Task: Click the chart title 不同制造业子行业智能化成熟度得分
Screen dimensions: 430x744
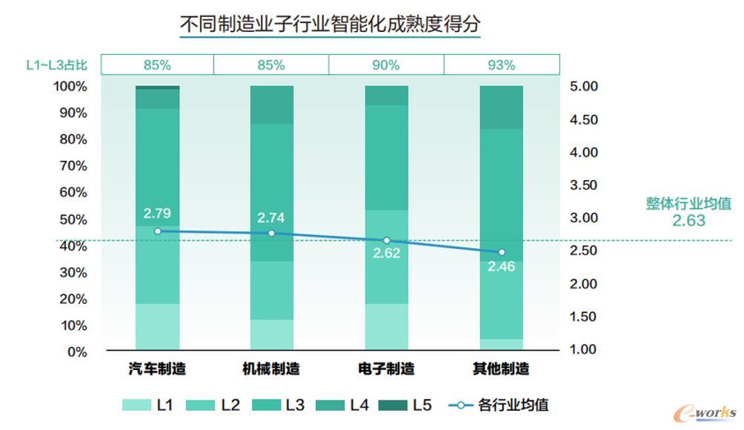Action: click(331, 25)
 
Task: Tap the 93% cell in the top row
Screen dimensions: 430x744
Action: click(502, 65)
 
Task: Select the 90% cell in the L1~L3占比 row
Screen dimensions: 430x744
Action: click(386, 65)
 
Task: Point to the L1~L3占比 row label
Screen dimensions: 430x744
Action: click(56, 65)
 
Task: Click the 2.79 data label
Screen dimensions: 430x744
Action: click(157, 214)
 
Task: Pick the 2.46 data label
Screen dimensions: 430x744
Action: click(501, 266)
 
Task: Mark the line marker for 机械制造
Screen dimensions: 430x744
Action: click(271, 234)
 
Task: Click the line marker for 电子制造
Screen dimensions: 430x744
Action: click(386, 241)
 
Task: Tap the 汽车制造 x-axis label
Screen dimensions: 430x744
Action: click(157, 368)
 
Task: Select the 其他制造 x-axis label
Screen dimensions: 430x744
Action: click(501, 368)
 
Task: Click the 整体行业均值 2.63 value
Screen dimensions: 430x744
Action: click(688, 221)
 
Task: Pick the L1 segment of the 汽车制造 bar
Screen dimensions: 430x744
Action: click(157, 326)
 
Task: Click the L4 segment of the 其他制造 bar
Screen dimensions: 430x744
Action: click(501, 107)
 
